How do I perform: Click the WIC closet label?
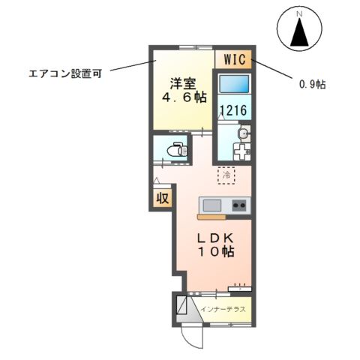(x=234, y=59)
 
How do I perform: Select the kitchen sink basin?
(x=211, y=205)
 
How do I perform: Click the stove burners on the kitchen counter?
(x=239, y=205)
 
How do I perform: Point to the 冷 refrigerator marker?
(x=226, y=175)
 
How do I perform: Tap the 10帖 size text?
(x=216, y=253)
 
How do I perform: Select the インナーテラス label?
(x=224, y=308)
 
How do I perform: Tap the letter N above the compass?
(x=299, y=14)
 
